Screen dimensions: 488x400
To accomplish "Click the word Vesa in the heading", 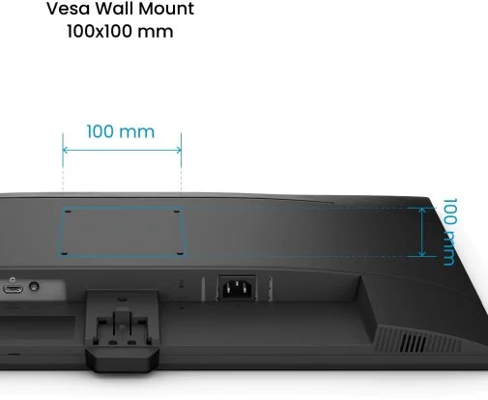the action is [x=68, y=9].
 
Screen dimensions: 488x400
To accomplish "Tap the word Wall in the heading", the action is [x=114, y=8].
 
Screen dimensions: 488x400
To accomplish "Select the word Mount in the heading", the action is [x=166, y=8].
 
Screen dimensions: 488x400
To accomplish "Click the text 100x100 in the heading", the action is [x=100, y=31].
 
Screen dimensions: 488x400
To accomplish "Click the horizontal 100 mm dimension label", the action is [x=121, y=131].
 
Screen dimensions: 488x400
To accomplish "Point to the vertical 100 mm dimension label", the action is [x=449, y=232].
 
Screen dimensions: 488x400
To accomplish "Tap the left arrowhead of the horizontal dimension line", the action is [x=65, y=150].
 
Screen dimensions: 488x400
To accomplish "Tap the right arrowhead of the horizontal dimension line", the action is [x=179, y=150].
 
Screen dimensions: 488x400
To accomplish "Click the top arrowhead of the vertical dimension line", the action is [x=422, y=211].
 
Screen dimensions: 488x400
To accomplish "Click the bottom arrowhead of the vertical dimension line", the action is [x=422, y=254].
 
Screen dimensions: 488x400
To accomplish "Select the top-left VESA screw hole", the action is [x=68, y=212].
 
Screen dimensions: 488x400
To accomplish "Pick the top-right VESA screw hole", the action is [x=177, y=212].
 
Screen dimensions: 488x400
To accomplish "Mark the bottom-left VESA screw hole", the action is [x=65, y=253].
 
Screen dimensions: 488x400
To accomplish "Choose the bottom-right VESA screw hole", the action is [x=181, y=253].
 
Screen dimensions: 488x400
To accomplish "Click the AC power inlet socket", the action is [x=238, y=288].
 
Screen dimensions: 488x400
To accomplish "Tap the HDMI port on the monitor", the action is [x=13, y=289].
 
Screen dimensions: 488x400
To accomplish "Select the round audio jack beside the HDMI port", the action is [x=34, y=286].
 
